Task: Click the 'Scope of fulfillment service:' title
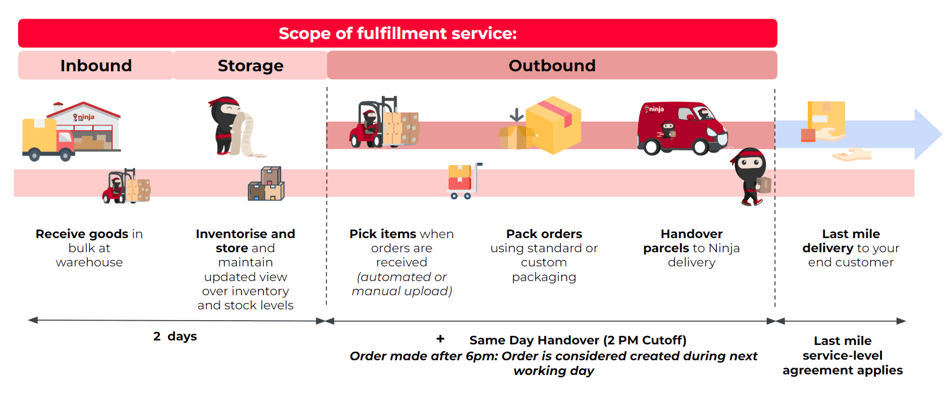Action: (x=397, y=33)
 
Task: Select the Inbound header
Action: (x=96, y=66)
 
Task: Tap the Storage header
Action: (x=251, y=66)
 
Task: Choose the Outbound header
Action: (x=552, y=66)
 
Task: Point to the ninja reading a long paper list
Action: (x=232, y=127)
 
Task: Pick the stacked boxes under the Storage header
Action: (x=266, y=184)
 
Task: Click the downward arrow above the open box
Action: (x=516, y=115)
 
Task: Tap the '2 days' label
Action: (x=175, y=336)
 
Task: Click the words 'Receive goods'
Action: (x=82, y=234)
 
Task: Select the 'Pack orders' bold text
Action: (x=544, y=234)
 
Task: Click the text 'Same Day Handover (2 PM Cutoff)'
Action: (x=578, y=340)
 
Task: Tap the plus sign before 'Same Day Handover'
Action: (x=440, y=339)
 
